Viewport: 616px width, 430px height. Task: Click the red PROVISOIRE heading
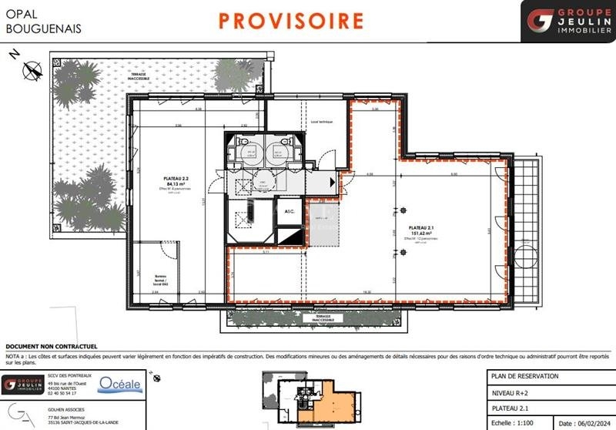(290, 20)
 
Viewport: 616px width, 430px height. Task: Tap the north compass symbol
(31, 69)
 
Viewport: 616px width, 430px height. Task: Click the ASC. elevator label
(290, 211)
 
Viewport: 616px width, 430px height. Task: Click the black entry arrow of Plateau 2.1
(332, 183)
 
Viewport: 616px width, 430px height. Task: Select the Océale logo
(120, 384)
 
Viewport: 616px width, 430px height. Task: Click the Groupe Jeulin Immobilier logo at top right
(567, 21)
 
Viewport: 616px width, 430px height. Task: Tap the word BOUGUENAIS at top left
(43, 29)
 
